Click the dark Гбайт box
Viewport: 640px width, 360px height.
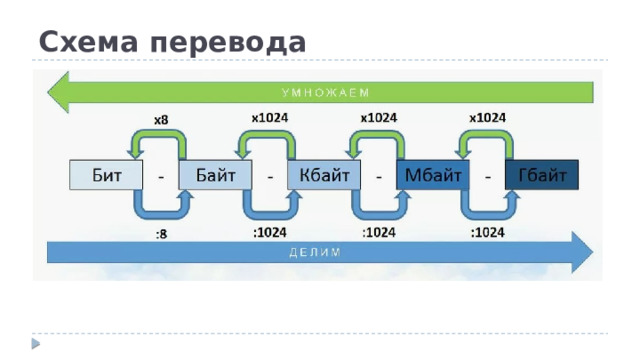[x=543, y=175]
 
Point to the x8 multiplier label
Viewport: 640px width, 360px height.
[x=160, y=120]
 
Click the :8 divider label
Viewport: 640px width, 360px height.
[x=161, y=235]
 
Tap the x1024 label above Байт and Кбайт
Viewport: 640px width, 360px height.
[x=270, y=117]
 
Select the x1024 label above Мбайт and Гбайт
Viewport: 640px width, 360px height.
[x=487, y=117]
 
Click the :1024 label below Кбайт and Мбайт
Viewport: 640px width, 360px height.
[x=379, y=232]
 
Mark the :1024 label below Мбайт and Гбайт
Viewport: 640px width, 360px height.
[x=487, y=232]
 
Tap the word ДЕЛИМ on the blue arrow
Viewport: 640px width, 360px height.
[x=314, y=251]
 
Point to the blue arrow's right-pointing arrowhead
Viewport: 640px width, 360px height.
[x=580, y=251]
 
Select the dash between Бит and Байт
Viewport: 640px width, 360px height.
[x=162, y=176]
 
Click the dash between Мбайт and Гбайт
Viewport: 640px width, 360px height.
[x=488, y=176]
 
